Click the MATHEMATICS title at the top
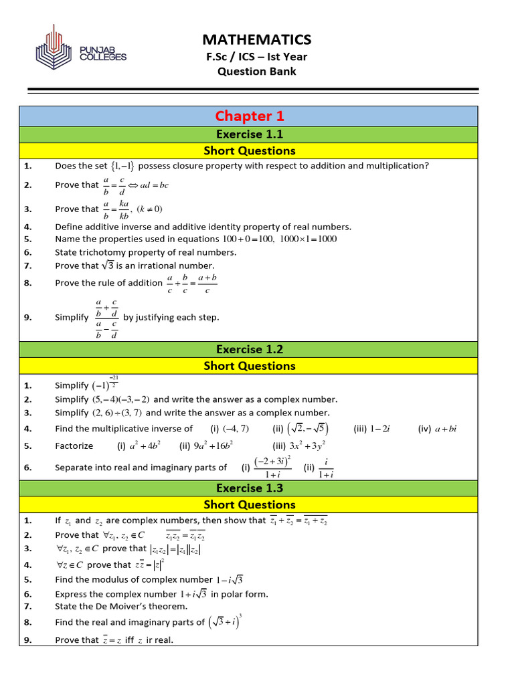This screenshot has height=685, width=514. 257,39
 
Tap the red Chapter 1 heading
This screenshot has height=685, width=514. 249,116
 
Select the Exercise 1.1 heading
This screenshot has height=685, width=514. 249,134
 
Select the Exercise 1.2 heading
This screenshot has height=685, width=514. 249,349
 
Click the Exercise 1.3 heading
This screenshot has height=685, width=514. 249,488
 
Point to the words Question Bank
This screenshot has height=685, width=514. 257,72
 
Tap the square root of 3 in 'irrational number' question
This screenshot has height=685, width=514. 110,266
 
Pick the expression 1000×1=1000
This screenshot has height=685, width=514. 309,239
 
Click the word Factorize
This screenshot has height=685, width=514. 74,446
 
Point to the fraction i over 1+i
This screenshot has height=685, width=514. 327,468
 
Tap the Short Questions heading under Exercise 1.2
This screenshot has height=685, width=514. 249,366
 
